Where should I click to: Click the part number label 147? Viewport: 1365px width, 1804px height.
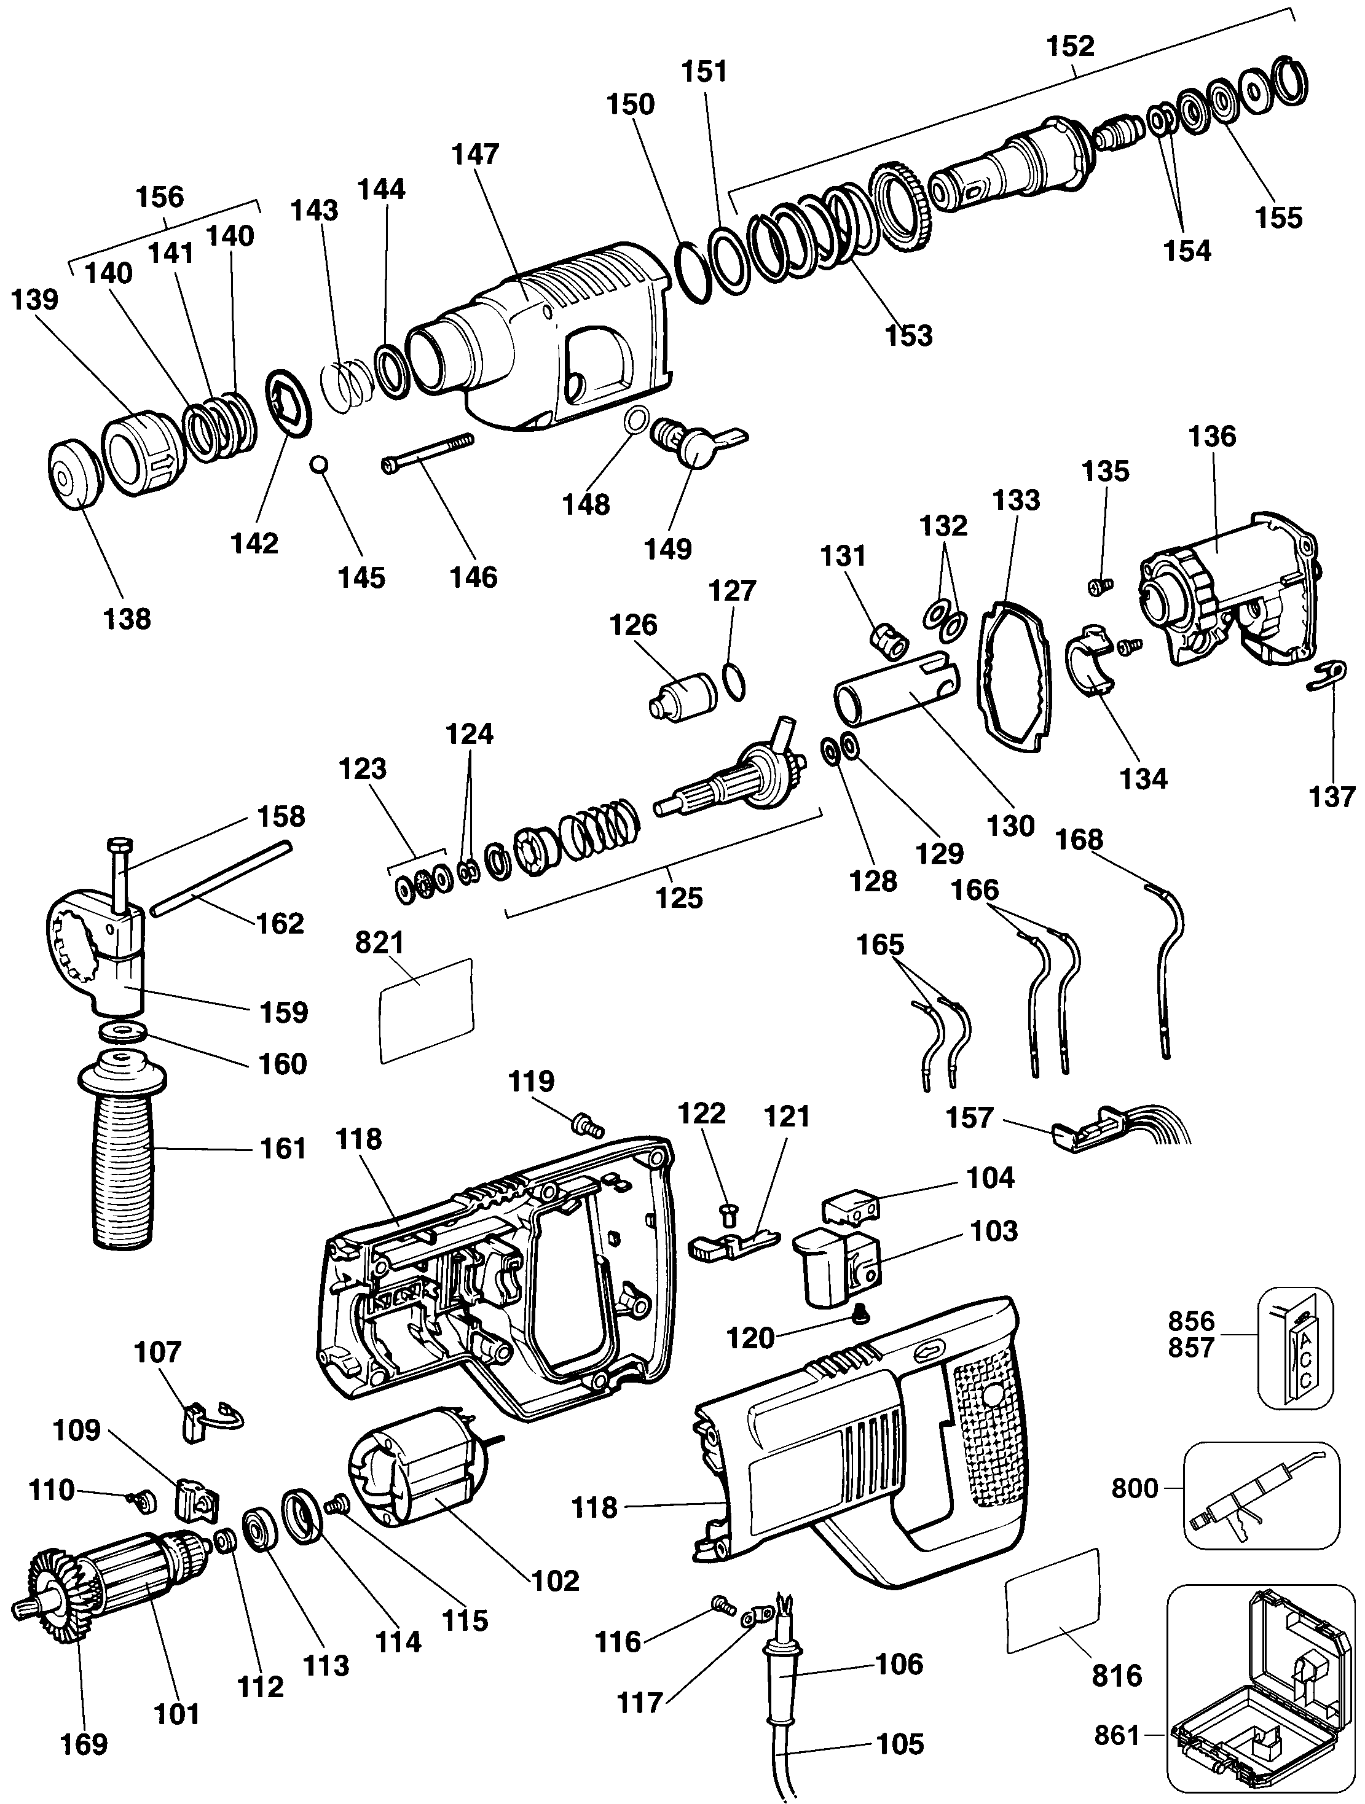tap(476, 154)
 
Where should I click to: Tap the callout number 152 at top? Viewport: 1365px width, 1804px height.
tap(1071, 47)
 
